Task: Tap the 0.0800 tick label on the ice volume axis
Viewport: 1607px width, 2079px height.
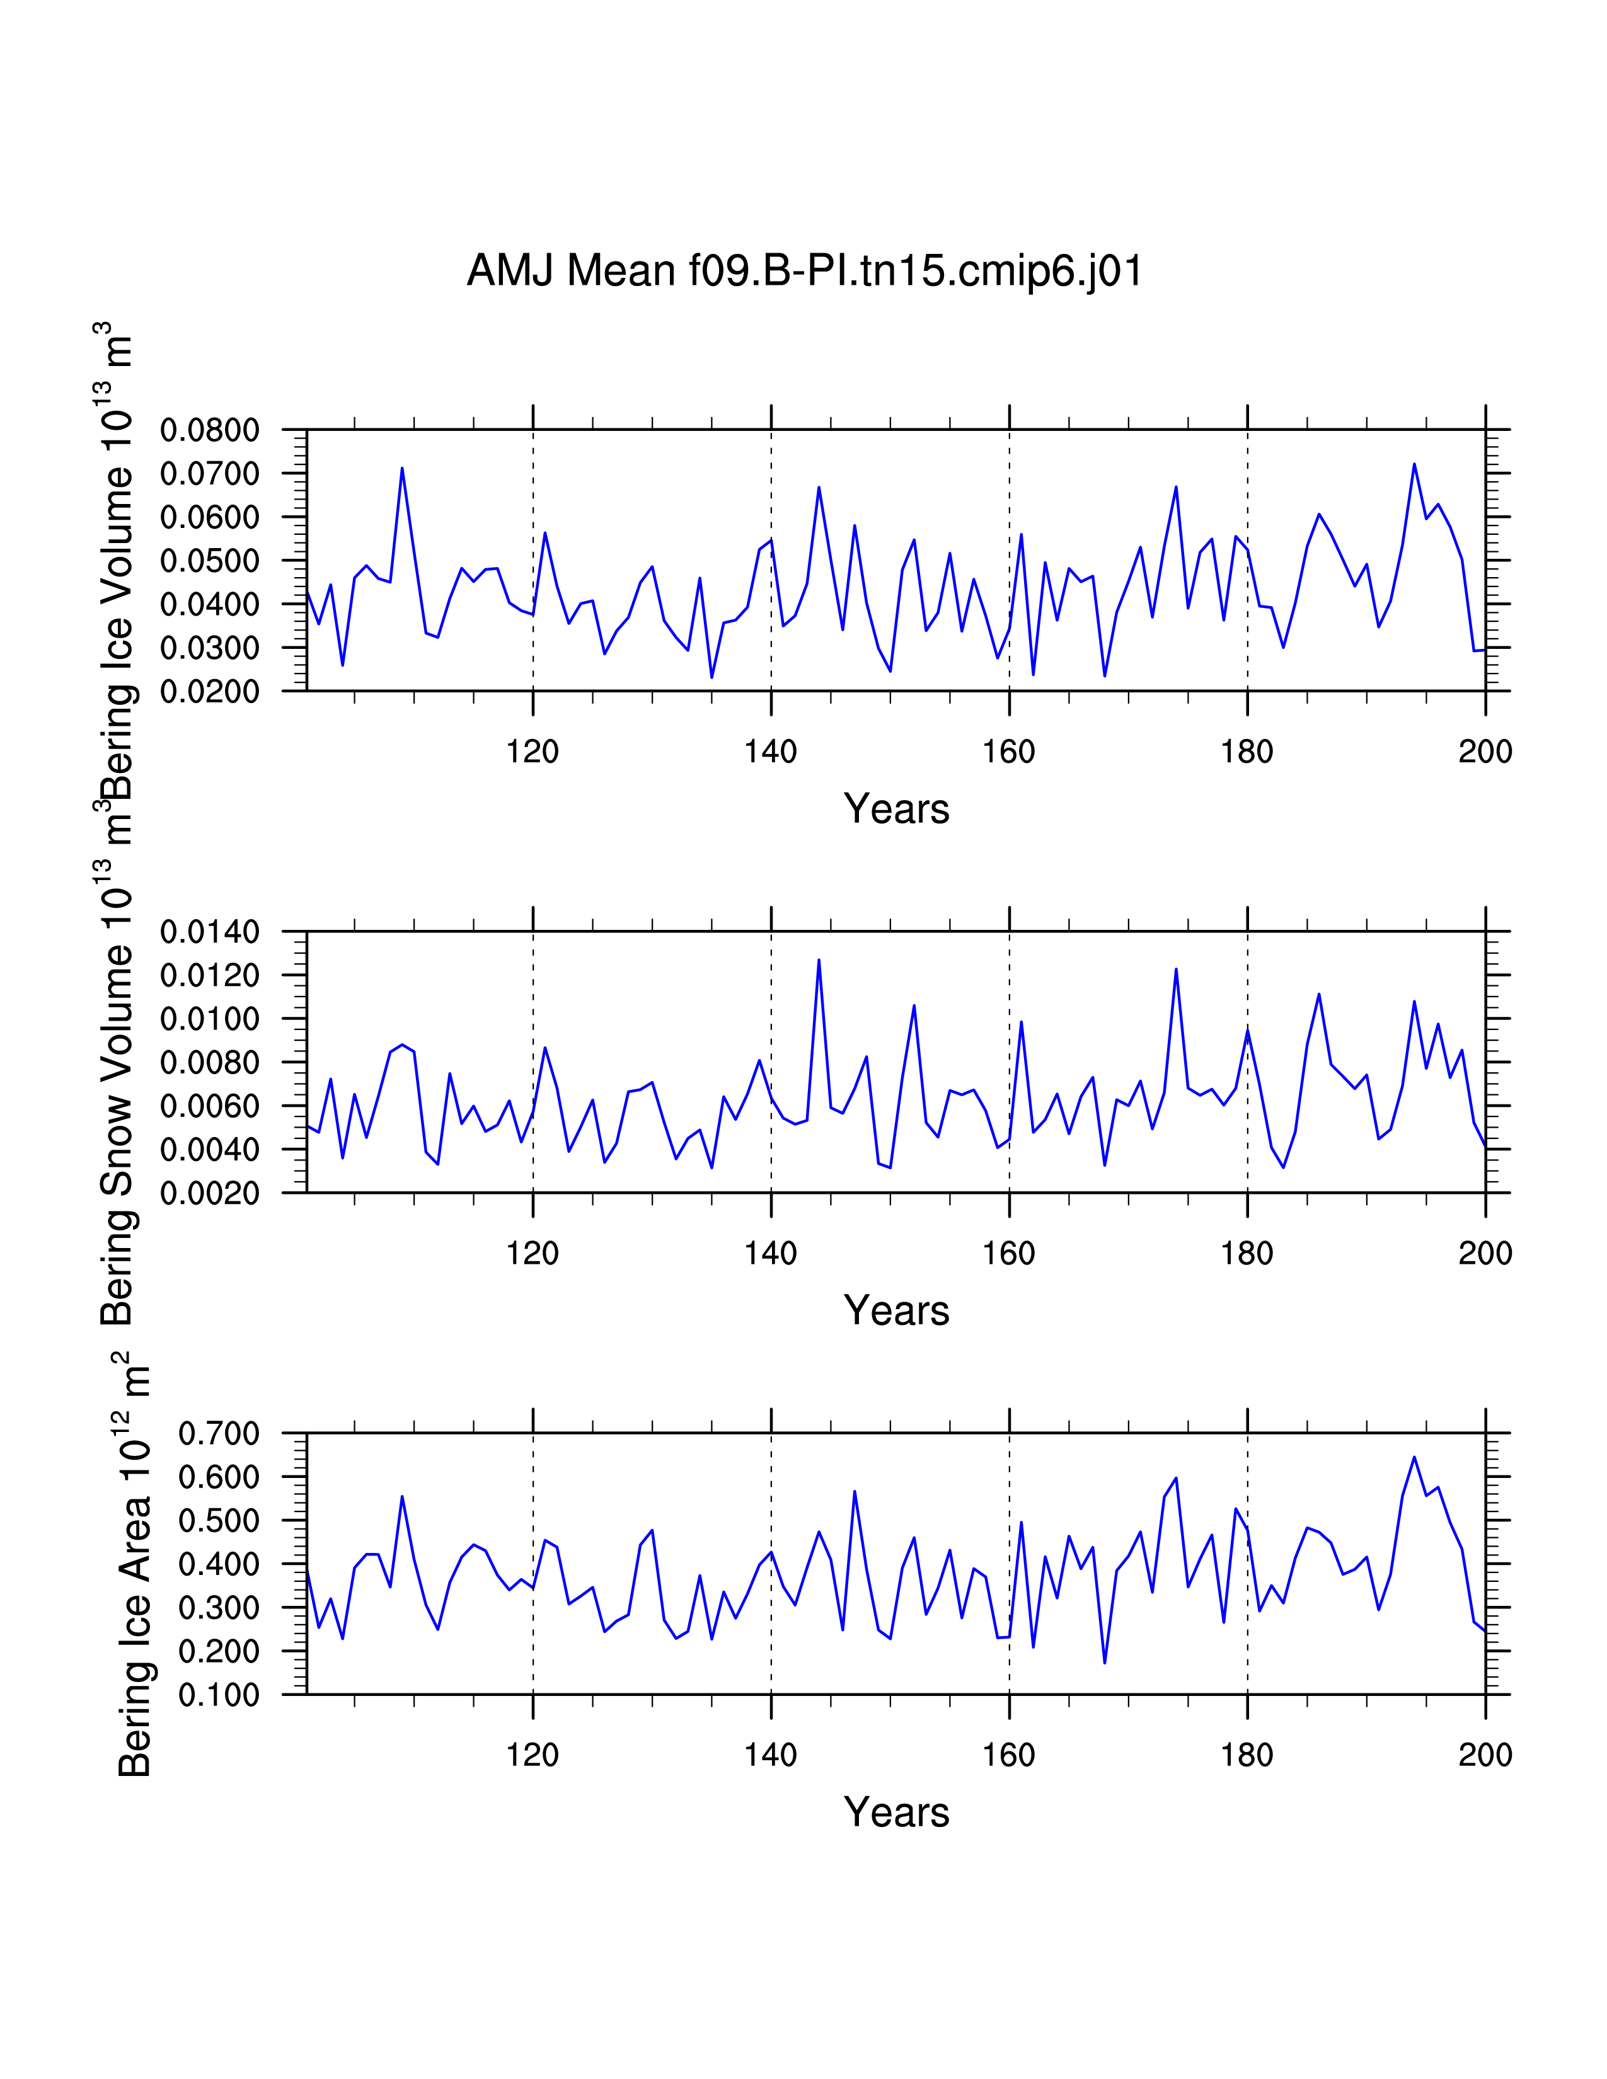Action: [209, 430]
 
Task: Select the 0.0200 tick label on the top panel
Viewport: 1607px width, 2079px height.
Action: [209, 692]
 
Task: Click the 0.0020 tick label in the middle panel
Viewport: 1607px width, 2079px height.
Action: [209, 1194]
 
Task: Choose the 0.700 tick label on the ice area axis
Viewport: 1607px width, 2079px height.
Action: [218, 1434]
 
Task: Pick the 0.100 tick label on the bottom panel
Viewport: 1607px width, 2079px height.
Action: [218, 1695]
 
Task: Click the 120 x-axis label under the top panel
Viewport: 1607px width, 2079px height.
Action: [532, 753]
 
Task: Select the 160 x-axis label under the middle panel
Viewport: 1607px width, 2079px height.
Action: [1009, 1254]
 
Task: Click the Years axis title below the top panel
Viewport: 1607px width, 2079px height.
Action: [896, 809]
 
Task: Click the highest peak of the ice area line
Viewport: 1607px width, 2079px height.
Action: [1414, 1457]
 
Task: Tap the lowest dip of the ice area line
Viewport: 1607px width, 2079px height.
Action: [1104, 1663]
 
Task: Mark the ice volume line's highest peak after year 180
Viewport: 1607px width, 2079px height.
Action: [1414, 464]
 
